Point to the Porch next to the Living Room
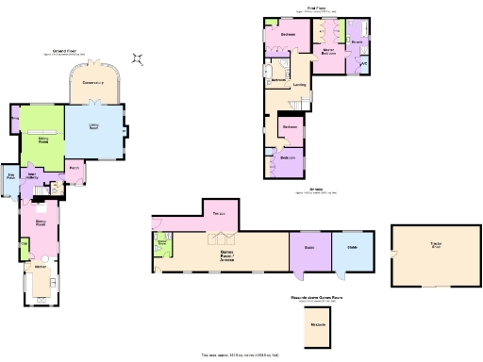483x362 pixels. point(73,171)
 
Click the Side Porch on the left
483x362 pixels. point(11,178)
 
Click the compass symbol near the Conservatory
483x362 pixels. point(139,59)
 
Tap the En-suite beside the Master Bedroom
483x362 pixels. point(358,43)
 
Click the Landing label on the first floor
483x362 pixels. point(299,86)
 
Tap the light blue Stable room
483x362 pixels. point(352,249)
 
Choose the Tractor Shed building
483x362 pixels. point(435,254)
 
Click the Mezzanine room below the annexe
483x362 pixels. point(318,325)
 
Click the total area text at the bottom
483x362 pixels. point(241,354)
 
